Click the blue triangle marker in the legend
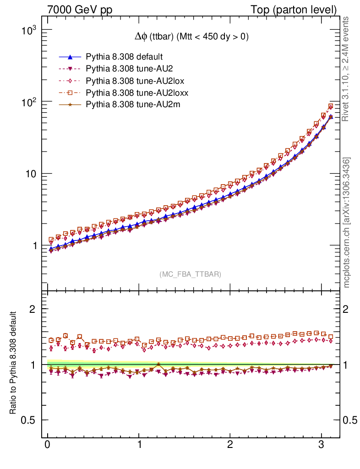pos(70,57)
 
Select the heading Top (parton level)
pos(300,10)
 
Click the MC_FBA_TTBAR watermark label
pos(191,274)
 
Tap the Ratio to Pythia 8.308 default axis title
pos(14,363)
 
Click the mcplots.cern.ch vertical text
pos(347,223)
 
